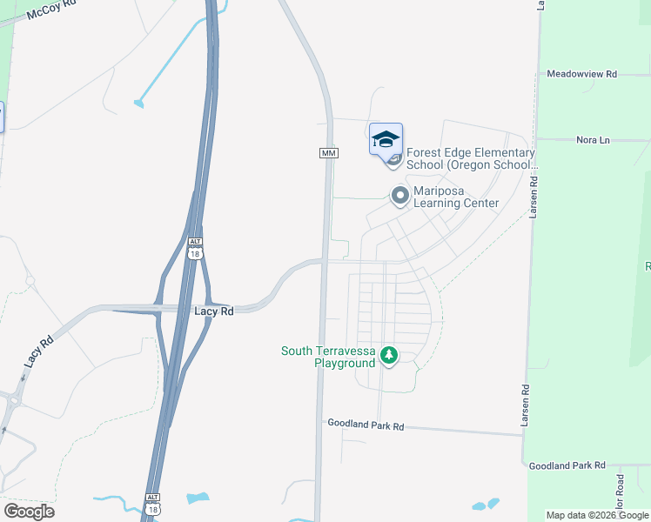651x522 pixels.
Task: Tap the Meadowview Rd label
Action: [x=581, y=75]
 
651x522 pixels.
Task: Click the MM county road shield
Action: [x=328, y=153]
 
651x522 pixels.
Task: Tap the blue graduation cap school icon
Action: [x=386, y=138]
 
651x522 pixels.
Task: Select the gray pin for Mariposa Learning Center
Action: [x=400, y=196]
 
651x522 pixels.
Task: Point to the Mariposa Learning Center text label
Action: [x=456, y=197]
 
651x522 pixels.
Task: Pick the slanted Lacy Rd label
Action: [x=38, y=351]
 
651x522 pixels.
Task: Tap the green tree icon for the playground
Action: [x=389, y=355]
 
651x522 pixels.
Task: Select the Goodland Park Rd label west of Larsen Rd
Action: [x=366, y=425]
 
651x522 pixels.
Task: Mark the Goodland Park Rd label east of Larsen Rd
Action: [x=567, y=466]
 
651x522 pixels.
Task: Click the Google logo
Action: [x=29, y=511]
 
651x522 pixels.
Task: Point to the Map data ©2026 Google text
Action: [x=596, y=515]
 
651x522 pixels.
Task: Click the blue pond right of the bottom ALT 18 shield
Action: [x=198, y=499]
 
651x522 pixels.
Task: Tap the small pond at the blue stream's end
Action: [x=138, y=104]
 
